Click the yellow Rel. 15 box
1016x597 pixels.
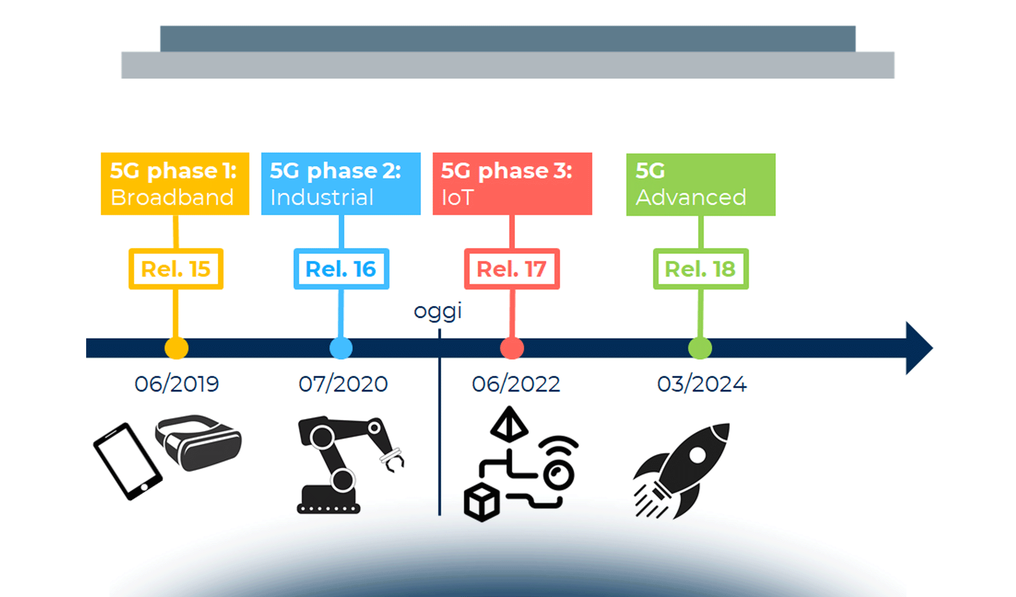[176, 269]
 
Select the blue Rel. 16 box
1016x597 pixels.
[341, 269]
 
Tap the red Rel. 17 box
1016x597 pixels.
[512, 269]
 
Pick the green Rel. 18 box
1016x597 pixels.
[701, 269]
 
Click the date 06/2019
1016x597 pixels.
[177, 384]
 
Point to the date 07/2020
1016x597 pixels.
[343, 384]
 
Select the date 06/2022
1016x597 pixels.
[516, 384]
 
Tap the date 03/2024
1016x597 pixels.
[702, 384]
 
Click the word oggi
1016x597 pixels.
[438, 311]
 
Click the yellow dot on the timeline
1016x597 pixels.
[176, 348]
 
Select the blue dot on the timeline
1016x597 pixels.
[341, 348]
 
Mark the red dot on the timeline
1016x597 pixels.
[512, 348]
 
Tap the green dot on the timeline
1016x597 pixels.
[700, 348]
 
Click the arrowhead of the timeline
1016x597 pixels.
[917, 348]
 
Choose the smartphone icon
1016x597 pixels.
[127, 461]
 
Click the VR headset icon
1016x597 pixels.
[199, 442]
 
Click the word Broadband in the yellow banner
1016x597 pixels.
[172, 198]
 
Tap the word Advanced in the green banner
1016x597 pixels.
[691, 198]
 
